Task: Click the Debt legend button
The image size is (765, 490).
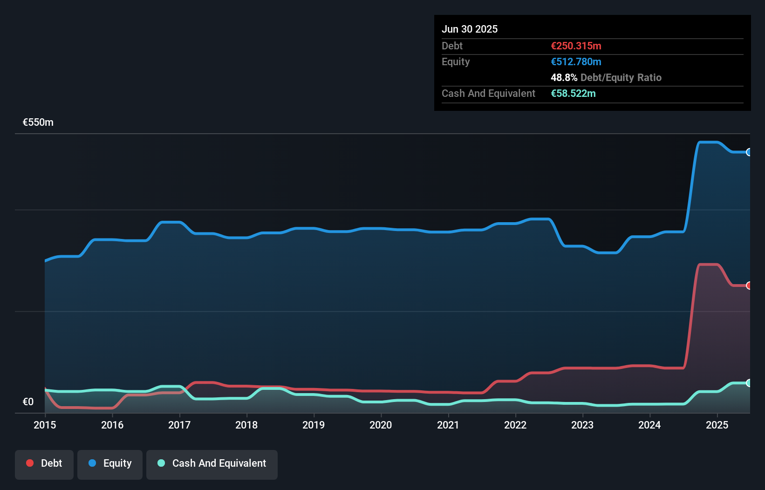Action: tap(44, 463)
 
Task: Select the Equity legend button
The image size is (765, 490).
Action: tap(110, 463)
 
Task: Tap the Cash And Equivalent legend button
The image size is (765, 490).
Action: tap(212, 463)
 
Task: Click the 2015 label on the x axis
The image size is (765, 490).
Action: tap(45, 425)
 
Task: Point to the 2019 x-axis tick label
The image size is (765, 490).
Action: tap(314, 425)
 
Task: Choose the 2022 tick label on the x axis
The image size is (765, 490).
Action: tap(515, 425)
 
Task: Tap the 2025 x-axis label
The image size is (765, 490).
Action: tap(717, 425)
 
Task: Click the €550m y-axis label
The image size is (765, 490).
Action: tap(38, 122)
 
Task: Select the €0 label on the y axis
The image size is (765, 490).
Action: tap(28, 402)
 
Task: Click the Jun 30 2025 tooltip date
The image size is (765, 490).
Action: tap(470, 29)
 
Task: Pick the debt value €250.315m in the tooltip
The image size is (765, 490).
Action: tap(576, 46)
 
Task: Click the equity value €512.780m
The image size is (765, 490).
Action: tap(576, 61)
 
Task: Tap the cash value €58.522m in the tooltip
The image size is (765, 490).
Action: tap(573, 93)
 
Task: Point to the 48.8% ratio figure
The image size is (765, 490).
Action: tap(564, 77)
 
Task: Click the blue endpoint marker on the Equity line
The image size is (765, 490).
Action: tap(749, 152)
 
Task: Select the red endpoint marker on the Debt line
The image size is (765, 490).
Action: tap(749, 286)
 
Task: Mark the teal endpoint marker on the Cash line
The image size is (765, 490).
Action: tap(749, 383)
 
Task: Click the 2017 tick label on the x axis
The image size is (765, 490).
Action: tap(179, 425)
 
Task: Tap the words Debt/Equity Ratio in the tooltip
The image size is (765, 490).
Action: tap(621, 77)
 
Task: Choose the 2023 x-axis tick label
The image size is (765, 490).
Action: tap(582, 425)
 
